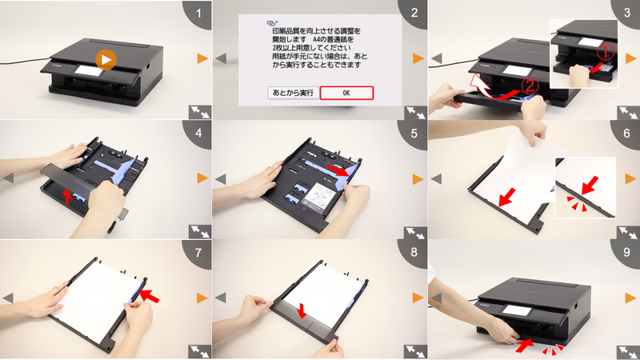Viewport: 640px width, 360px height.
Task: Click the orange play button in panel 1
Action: [105, 59]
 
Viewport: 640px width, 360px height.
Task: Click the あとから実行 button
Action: [291, 93]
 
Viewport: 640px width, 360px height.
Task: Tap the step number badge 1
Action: [198, 14]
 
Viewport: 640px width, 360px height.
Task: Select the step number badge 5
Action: [412, 133]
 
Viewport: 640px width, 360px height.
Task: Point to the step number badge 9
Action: [626, 252]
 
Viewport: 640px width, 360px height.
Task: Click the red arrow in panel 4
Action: [68, 194]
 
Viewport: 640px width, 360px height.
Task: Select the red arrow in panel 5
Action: [343, 171]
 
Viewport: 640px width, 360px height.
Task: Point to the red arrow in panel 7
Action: [149, 295]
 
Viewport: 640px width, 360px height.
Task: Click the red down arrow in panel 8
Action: [301, 309]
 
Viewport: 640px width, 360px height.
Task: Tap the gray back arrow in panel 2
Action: [222, 59]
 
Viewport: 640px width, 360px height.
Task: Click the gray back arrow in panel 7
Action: [8, 297]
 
